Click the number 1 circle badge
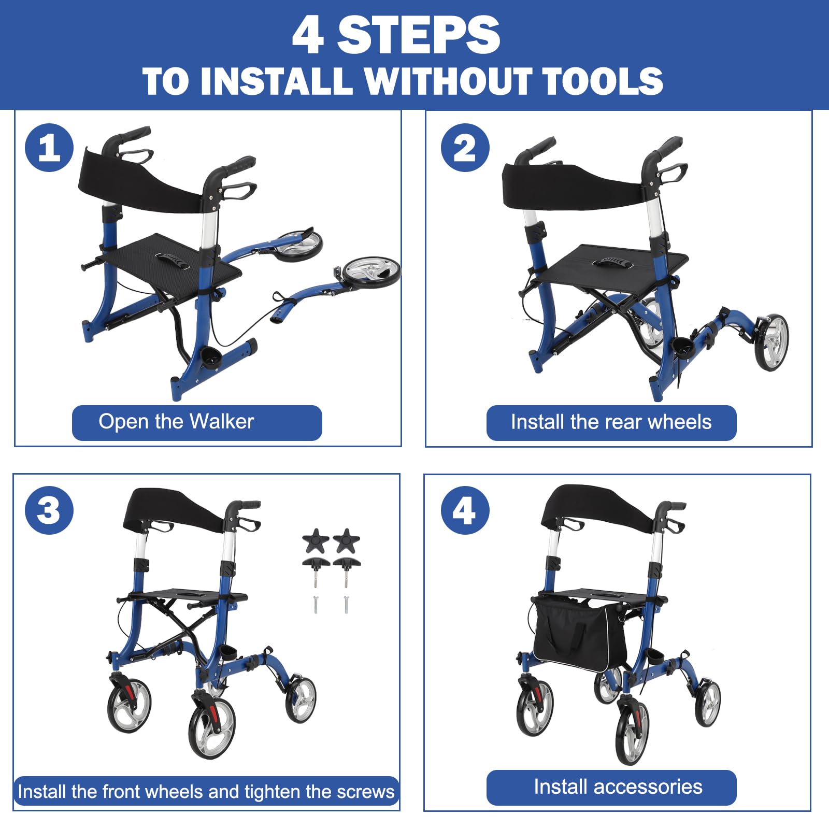[49, 148]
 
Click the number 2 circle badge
[465, 148]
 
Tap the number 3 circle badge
[49, 510]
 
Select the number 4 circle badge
[465, 510]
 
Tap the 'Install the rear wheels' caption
[611, 422]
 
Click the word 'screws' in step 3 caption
[365, 792]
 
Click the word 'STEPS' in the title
[419, 35]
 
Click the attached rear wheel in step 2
[772, 342]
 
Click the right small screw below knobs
[346, 605]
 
